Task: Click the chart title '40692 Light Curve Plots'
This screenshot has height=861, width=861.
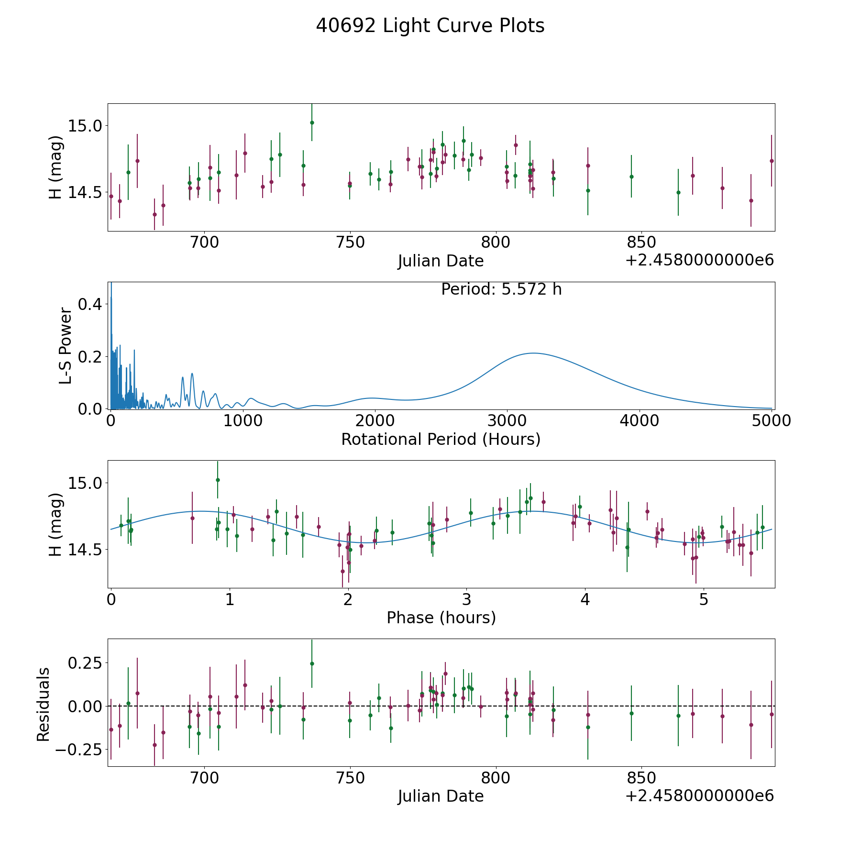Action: click(430, 26)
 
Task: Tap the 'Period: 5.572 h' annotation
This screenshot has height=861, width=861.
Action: click(501, 289)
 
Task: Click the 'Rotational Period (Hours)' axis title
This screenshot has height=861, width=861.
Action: click(441, 439)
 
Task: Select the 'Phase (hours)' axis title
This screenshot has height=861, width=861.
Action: click(441, 618)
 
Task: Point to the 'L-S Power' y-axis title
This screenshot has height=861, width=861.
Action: click(66, 346)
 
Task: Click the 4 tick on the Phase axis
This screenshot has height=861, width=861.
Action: click(585, 599)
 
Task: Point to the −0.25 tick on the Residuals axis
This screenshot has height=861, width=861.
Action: click(79, 749)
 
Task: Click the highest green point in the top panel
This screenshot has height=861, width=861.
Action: click(312, 122)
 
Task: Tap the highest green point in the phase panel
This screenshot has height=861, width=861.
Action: click(218, 480)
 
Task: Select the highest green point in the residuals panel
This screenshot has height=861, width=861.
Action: click(312, 663)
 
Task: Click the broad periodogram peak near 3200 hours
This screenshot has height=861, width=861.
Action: click(533, 353)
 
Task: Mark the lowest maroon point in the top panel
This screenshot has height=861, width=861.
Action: click(155, 214)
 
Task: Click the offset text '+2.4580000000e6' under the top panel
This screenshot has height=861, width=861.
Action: click(699, 260)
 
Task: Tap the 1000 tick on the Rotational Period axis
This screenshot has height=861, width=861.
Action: click(243, 420)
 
